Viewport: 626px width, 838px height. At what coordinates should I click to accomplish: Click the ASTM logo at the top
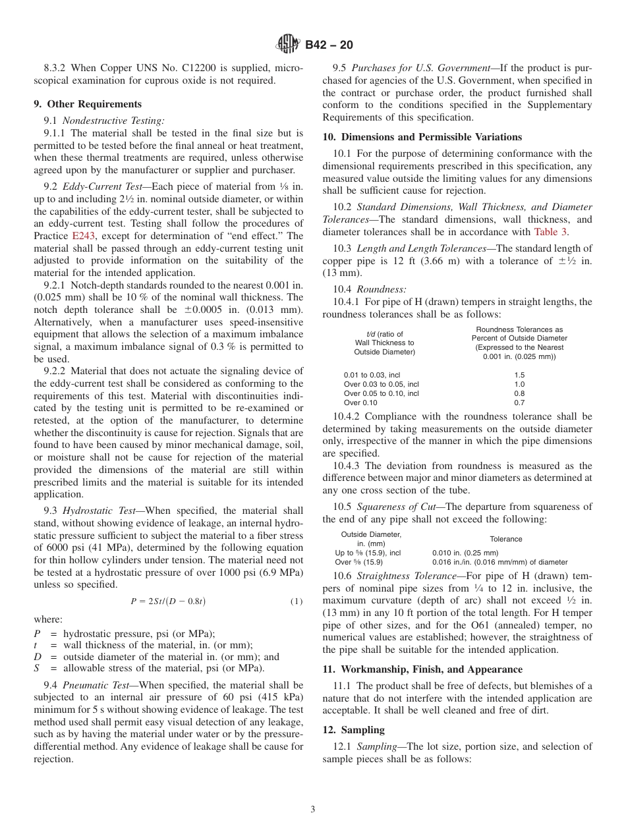[x=287, y=45]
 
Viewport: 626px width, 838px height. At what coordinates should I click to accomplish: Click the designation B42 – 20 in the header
[x=329, y=45]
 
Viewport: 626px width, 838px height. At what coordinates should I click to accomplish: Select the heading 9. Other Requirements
[x=88, y=104]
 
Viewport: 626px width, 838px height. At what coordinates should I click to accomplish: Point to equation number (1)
[x=297, y=601]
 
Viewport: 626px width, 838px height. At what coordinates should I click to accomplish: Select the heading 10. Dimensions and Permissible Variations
[x=422, y=137]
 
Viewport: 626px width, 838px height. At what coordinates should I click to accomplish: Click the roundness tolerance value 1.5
[x=519, y=375]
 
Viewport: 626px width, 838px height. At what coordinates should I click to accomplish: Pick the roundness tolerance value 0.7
[x=519, y=403]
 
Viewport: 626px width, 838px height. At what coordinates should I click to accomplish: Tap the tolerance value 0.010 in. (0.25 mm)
[x=465, y=553]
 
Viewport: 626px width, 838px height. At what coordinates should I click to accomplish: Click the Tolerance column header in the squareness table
[x=505, y=539]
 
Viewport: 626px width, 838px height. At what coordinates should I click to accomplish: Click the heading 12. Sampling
[x=353, y=730]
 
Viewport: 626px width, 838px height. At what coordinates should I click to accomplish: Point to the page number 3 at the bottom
[x=312, y=810]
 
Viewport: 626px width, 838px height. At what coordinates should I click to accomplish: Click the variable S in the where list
[x=38, y=668]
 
